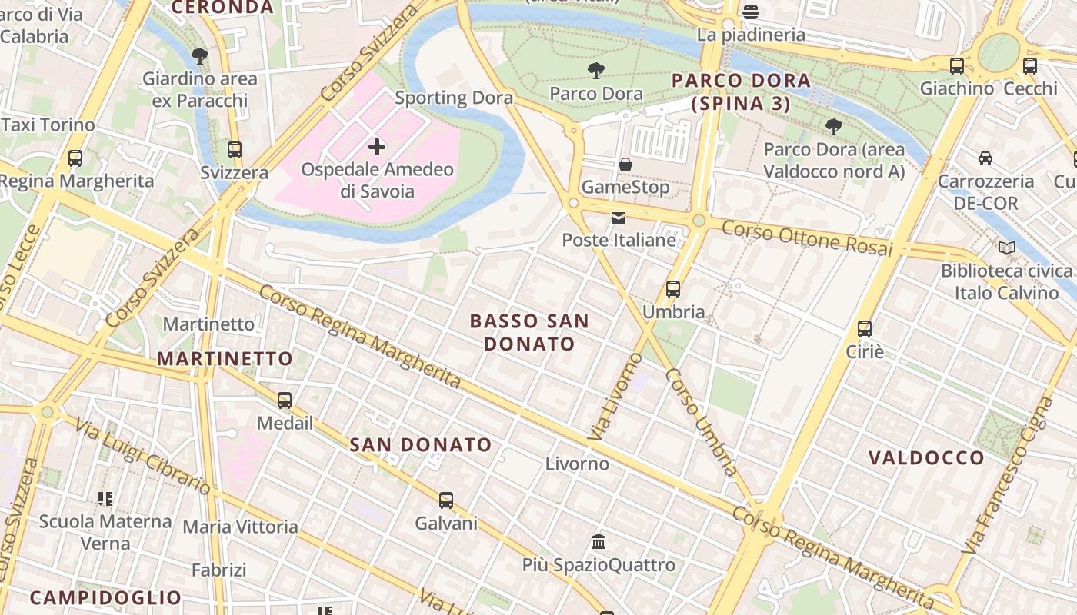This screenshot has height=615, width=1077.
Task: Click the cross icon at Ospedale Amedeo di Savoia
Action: coord(377,146)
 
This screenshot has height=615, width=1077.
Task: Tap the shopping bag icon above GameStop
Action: coord(625,165)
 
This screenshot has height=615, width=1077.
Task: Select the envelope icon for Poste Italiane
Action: coord(619,218)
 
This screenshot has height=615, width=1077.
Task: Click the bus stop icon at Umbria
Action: coord(673,289)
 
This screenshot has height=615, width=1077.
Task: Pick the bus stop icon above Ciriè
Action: coord(865,329)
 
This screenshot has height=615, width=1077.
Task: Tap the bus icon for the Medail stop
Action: coord(285,401)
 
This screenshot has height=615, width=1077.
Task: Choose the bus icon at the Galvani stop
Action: coord(446,500)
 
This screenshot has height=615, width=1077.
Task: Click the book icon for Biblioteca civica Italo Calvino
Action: coord(1006,248)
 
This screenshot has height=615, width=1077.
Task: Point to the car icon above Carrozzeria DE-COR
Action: coord(985,158)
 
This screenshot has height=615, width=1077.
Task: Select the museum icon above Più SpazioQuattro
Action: coord(599,542)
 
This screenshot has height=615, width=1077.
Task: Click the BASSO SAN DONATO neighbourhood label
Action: coord(529,332)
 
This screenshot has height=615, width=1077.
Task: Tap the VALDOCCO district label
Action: coord(926,458)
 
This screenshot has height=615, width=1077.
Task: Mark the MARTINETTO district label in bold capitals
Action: coord(225,359)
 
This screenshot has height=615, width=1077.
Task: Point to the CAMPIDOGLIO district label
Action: coord(105,597)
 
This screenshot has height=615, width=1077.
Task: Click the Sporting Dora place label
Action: coord(454,98)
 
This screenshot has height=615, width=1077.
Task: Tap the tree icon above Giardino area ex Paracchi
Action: coord(200,56)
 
